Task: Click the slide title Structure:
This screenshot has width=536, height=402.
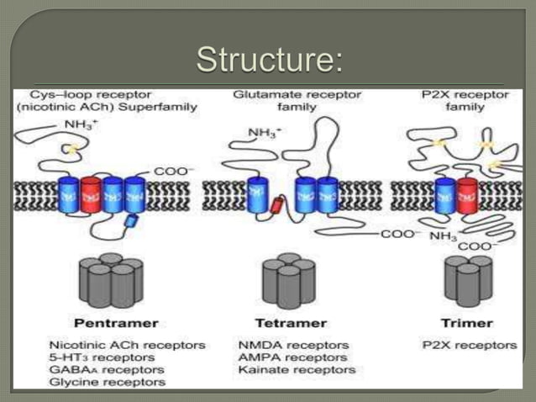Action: (269, 60)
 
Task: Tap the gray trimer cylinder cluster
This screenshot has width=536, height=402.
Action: (468, 280)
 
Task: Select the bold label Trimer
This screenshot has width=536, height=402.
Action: (466, 323)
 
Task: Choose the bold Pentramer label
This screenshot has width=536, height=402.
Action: (104, 323)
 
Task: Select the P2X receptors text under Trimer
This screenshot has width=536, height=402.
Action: (468, 345)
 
